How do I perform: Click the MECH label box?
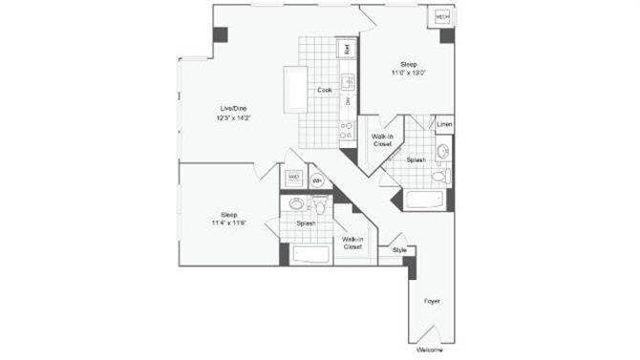(x=442, y=17)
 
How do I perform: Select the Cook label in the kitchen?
(x=325, y=90)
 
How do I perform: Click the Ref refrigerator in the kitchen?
(x=348, y=48)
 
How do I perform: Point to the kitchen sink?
(x=349, y=82)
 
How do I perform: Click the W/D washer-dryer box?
(x=293, y=178)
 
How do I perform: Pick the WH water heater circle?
(x=317, y=180)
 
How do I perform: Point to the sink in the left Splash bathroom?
(x=297, y=203)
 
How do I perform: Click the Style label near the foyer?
(x=399, y=250)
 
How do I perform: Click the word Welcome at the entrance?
(x=431, y=349)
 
